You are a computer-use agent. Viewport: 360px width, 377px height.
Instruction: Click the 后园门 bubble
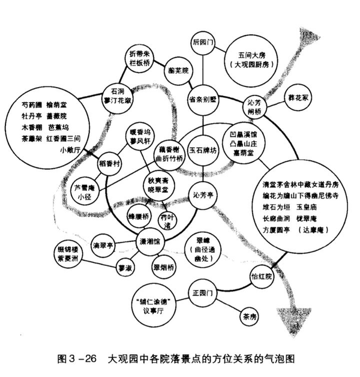tap(204, 44)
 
